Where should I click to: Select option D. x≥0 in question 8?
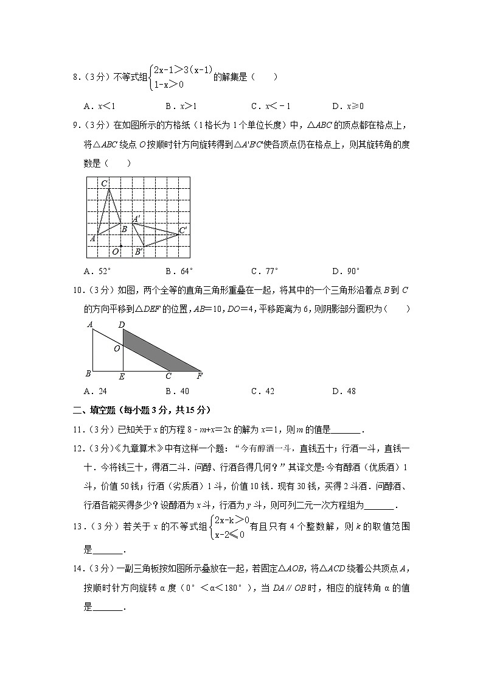click(x=347, y=105)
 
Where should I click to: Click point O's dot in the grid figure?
click(x=121, y=246)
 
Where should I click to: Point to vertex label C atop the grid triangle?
click(x=105, y=183)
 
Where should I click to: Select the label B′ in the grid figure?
click(x=138, y=251)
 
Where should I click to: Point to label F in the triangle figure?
click(x=199, y=376)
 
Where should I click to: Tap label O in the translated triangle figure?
click(x=117, y=349)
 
